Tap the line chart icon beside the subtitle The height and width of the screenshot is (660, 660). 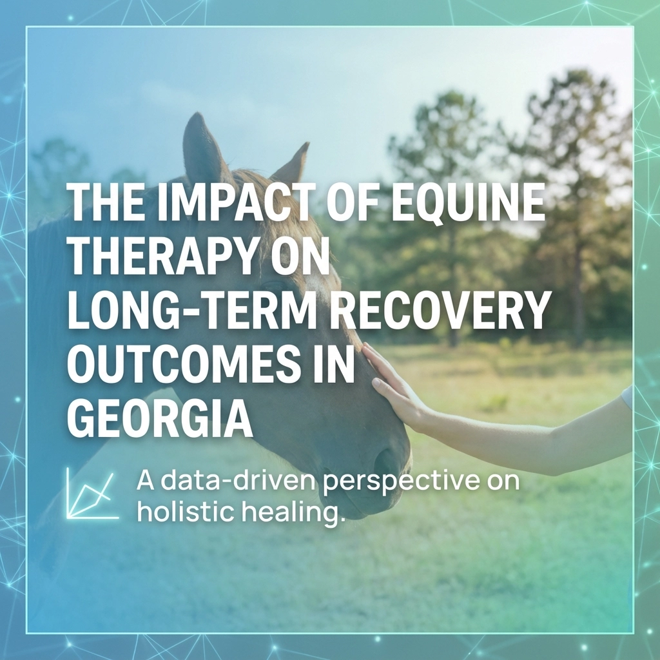click(x=92, y=494)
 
